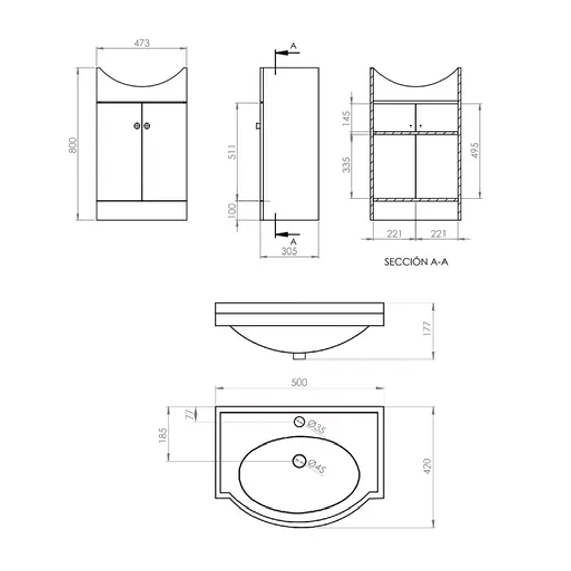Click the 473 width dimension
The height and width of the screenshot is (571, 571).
(x=142, y=43)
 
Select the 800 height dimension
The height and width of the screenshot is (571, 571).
(x=74, y=145)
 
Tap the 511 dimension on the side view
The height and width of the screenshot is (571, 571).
(x=232, y=151)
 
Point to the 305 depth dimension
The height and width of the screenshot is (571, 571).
(x=289, y=251)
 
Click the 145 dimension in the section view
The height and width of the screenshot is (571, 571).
(x=347, y=118)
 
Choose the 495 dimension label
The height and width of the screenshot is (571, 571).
(x=475, y=151)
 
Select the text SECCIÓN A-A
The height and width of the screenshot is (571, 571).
(x=416, y=262)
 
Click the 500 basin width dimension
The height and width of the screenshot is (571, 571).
(x=299, y=383)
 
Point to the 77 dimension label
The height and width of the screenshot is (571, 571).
(x=189, y=414)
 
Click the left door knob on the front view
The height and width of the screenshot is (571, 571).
(x=137, y=126)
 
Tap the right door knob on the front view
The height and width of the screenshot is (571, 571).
(x=147, y=126)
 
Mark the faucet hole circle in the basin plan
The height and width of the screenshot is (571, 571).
(x=299, y=421)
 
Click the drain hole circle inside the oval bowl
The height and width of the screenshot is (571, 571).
(x=299, y=460)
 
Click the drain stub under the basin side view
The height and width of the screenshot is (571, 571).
(x=299, y=356)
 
